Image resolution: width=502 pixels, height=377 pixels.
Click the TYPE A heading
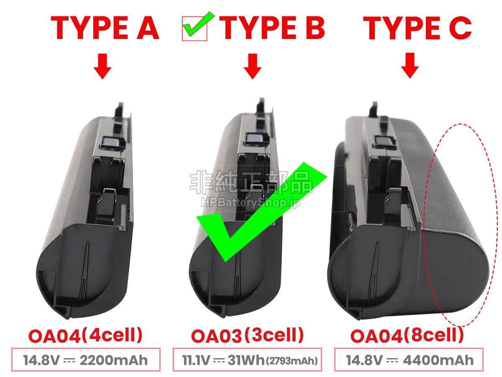105,28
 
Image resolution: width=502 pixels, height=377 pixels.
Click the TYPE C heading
417,28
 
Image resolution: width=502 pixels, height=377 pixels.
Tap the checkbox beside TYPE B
195,28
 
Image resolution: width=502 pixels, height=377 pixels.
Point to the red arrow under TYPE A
102,66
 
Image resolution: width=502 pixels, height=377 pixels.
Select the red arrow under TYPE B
253,66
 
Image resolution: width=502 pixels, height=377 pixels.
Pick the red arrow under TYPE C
410,66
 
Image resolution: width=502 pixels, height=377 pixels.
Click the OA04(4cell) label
85,336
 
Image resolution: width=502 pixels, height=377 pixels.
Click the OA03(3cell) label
247,336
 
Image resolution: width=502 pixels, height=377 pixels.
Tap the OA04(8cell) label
407,336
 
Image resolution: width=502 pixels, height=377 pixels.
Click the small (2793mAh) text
292,361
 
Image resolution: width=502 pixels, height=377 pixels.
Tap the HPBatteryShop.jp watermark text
251,203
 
